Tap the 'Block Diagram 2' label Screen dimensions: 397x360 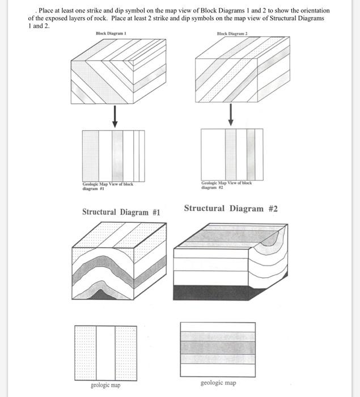point(232,34)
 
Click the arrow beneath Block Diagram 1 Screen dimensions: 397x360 point(115,116)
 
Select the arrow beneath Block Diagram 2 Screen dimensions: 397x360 point(231,116)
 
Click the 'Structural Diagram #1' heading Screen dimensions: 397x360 point(121,212)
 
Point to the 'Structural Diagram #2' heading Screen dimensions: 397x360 point(231,208)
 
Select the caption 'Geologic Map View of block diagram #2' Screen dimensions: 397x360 point(226,185)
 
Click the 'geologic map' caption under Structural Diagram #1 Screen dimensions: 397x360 point(105,386)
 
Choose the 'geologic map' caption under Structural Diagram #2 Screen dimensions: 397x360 point(218,383)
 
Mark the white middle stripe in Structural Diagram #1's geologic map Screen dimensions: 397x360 point(105,352)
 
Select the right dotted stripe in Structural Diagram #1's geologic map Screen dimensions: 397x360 point(125,352)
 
